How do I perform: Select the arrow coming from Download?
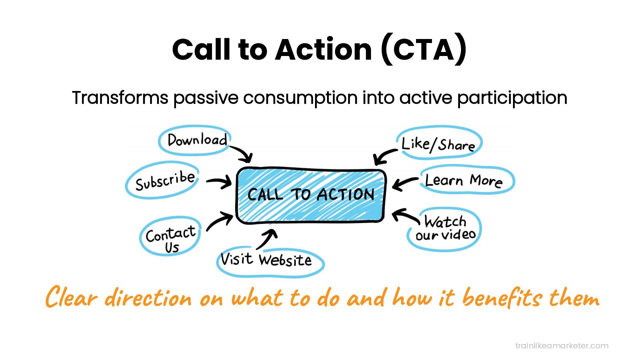(x=243, y=153)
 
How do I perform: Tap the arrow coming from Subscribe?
(x=219, y=182)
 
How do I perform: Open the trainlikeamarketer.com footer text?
(x=562, y=346)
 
